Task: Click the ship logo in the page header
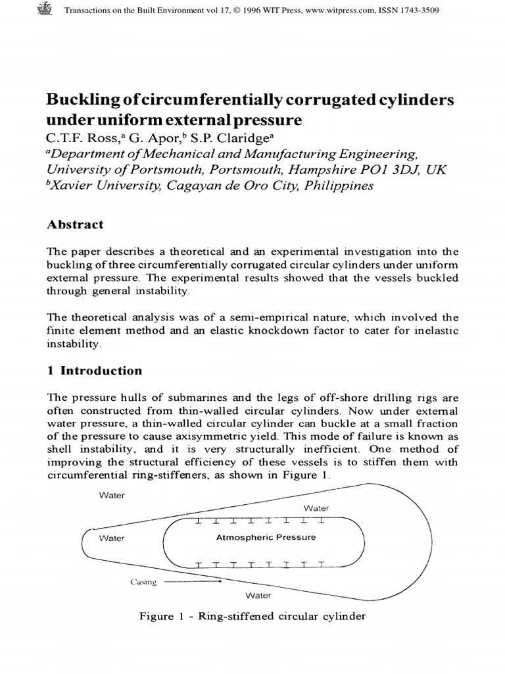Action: coord(45,11)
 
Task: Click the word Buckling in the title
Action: coord(78,101)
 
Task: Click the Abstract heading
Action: coord(74,224)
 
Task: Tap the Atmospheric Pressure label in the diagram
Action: coord(266,537)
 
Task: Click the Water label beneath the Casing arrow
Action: coord(258,596)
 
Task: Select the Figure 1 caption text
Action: coord(252,617)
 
